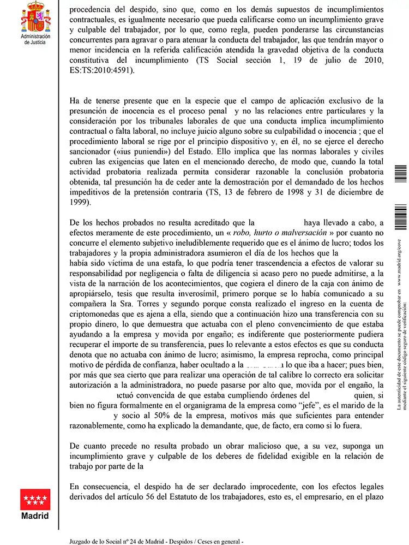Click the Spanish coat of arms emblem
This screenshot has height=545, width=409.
click(35, 17)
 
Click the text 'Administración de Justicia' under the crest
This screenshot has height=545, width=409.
click(35, 39)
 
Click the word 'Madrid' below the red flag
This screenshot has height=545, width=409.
click(35, 516)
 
